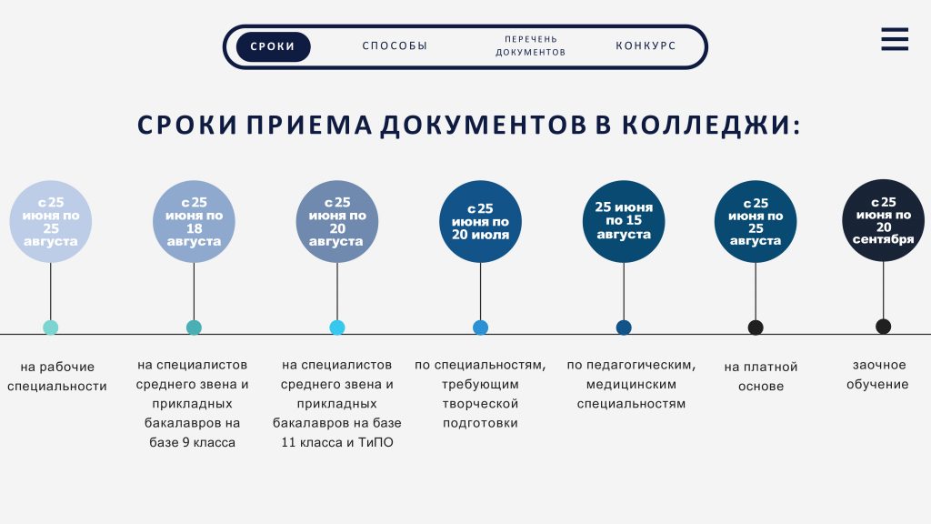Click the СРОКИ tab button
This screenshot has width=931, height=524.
pos(273,46)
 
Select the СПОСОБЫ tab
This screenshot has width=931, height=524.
pos(395,45)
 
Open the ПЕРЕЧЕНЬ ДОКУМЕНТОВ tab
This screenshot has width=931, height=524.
pos(530,45)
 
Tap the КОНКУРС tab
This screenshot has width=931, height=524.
pos(646,45)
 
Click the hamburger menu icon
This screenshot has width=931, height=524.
pos(895,39)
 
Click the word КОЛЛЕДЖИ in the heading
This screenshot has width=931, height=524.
pos(711,126)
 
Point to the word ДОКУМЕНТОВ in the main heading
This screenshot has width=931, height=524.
pos(484,126)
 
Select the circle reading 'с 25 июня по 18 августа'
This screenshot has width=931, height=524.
pos(195,222)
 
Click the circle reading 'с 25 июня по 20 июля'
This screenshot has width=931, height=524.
pos(480,222)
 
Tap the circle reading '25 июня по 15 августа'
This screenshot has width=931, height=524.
pos(624,222)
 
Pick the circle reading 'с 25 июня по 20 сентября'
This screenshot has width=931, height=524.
pos(884,220)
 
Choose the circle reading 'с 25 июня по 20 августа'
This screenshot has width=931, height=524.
pos(337,222)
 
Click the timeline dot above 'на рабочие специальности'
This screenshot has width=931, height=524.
pos(51,327)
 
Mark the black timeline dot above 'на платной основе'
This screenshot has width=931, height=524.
pos(756,327)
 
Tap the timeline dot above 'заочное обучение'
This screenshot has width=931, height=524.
pos(884,327)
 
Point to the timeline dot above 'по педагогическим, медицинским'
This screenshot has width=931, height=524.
pos(624,327)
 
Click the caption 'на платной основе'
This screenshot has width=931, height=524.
pos(761,377)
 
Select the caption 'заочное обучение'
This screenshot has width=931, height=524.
pos(877,375)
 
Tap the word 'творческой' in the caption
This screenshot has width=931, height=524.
pos(480,404)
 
